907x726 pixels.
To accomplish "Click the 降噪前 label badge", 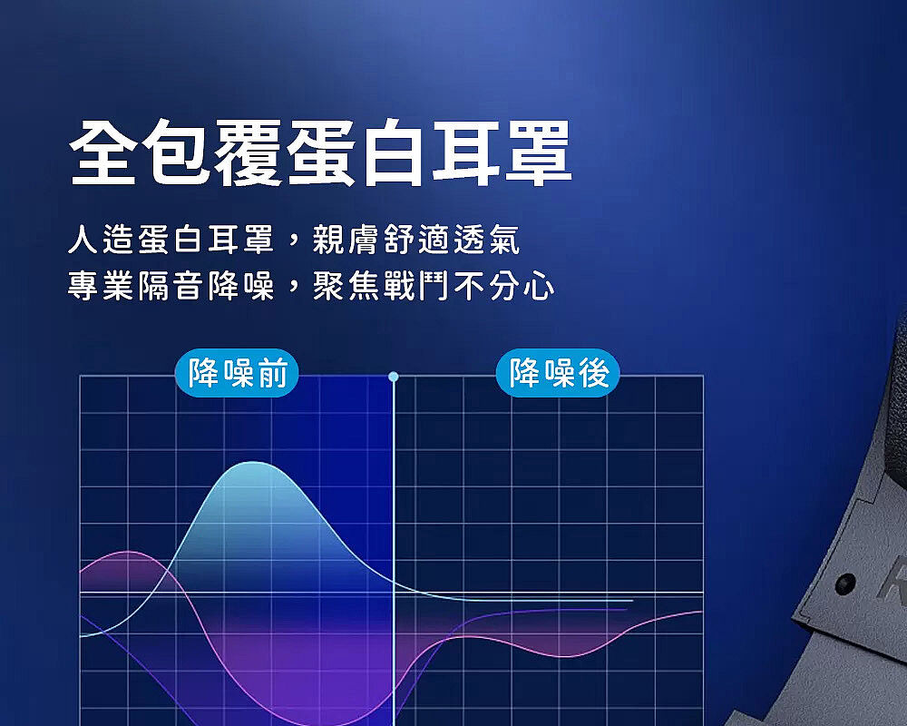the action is pyautogui.click(x=237, y=373).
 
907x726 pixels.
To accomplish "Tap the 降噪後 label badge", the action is pyautogui.click(x=558, y=373).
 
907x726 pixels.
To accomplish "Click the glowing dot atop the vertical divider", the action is pyautogui.click(x=394, y=377).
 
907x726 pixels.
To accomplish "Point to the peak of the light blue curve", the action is pyautogui.click(x=253, y=462).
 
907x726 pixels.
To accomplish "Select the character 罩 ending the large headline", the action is pyautogui.click(x=539, y=153).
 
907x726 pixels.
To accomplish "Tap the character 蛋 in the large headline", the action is pyautogui.click(x=321, y=153).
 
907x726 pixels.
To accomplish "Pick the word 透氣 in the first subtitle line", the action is pyautogui.click(x=487, y=239).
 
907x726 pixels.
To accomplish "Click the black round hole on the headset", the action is pyautogui.click(x=845, y=583).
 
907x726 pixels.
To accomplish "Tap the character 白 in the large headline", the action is pyautogui.click(x=394, y=153).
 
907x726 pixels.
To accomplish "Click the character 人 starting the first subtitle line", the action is pyautogui.click(x=83, y=239).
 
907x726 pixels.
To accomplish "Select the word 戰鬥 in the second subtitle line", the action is pyautogui.click(x=416, y=286).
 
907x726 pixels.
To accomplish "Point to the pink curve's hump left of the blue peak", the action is pyautogui.click(x=129, y=553).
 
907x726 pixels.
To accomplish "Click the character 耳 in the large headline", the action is pyautogui.click(x=466, y=153).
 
